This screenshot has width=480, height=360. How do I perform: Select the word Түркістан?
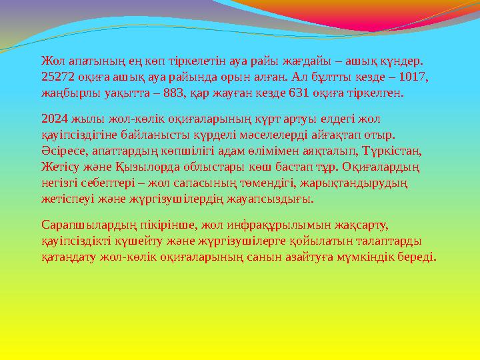pyautogui.click(x=397, y=151)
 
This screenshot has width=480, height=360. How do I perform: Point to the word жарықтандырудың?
pyautogui.click(x=361, y=183)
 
